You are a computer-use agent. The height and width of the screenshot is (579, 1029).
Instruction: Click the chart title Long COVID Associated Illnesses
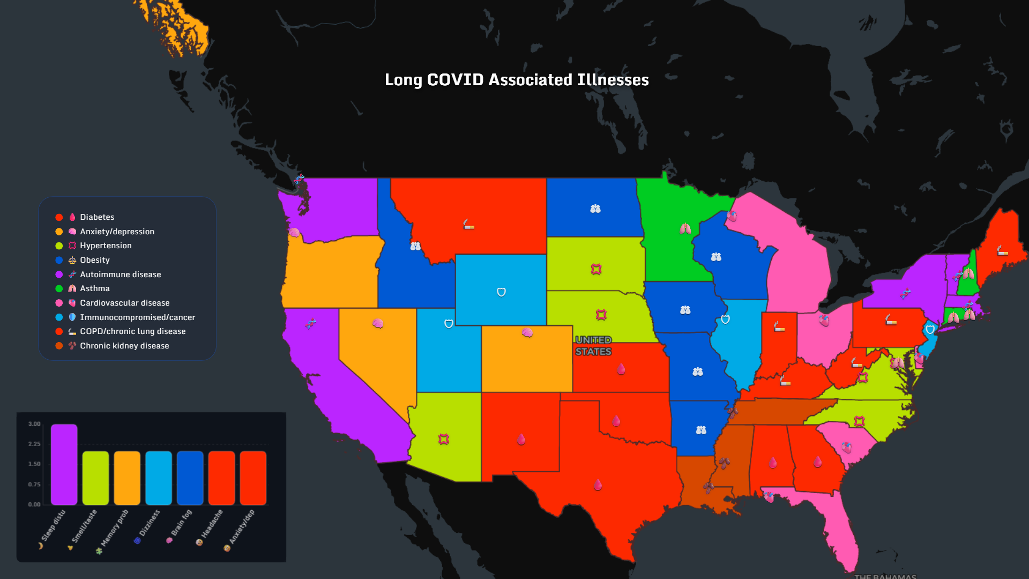click(x=517, y=80)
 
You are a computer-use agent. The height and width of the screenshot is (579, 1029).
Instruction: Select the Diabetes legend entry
click(x=96, y=217)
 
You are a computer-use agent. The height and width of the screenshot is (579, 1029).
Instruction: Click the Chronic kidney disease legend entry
click(x=124, y=346)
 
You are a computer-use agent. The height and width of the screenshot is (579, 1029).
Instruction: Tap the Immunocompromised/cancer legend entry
click(x=137, y=317)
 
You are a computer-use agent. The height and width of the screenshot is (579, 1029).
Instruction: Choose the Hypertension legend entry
click(x=106, y=246)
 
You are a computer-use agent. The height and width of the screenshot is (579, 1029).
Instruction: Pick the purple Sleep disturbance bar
click(x=64, y=464)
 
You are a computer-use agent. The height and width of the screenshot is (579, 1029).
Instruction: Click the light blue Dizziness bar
click(x=159, y=478)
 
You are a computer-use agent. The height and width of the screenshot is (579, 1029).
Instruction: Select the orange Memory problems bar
click(x=127, y=478)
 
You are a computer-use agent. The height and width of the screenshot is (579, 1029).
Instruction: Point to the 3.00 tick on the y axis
click(x=34, y=424)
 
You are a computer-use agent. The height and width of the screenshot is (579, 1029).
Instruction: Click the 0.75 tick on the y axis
click(x=34, y=484)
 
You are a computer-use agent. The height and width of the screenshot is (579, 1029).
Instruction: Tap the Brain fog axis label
click(x=181, y=523)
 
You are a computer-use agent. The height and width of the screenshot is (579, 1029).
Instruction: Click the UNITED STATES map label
click(x=593, y=346)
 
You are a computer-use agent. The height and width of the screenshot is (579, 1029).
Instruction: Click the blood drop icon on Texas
click(x=598, y=485)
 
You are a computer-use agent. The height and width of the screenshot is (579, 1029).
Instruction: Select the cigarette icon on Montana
click(x=468, y=224)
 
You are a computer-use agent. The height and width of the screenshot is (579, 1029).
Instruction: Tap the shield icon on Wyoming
click(x=501, y=292)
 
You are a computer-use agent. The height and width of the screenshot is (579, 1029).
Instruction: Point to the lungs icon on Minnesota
click(x=685, y=229)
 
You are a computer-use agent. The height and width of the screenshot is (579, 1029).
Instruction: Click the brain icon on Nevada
click(x=378, y=323)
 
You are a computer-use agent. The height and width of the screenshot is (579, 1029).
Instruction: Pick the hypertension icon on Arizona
click(x=443, y=439)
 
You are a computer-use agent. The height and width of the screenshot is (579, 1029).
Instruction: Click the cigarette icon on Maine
click(x=1002, y=250)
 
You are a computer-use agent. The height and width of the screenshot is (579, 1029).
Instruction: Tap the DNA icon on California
click(x=311, y=323)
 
